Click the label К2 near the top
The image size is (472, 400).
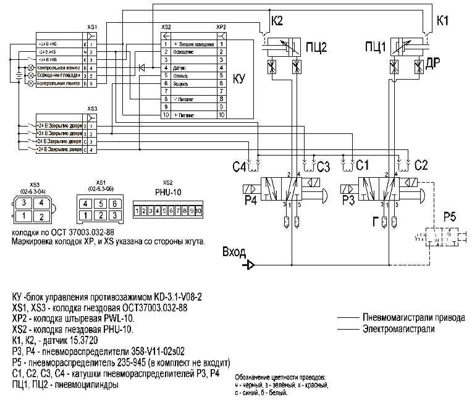pos(276,21)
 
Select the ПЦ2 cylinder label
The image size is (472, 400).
pos(316,48)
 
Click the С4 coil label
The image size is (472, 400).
pos(238,167)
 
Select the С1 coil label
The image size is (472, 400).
pos(362,166)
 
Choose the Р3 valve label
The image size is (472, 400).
pos(348,201)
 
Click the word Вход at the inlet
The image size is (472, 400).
pos(234,252)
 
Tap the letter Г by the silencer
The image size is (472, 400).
pos(374,222)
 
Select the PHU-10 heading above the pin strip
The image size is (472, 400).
pos(167,192)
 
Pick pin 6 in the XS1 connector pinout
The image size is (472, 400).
pos(116,202)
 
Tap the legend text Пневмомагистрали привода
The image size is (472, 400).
pos(414,318)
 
